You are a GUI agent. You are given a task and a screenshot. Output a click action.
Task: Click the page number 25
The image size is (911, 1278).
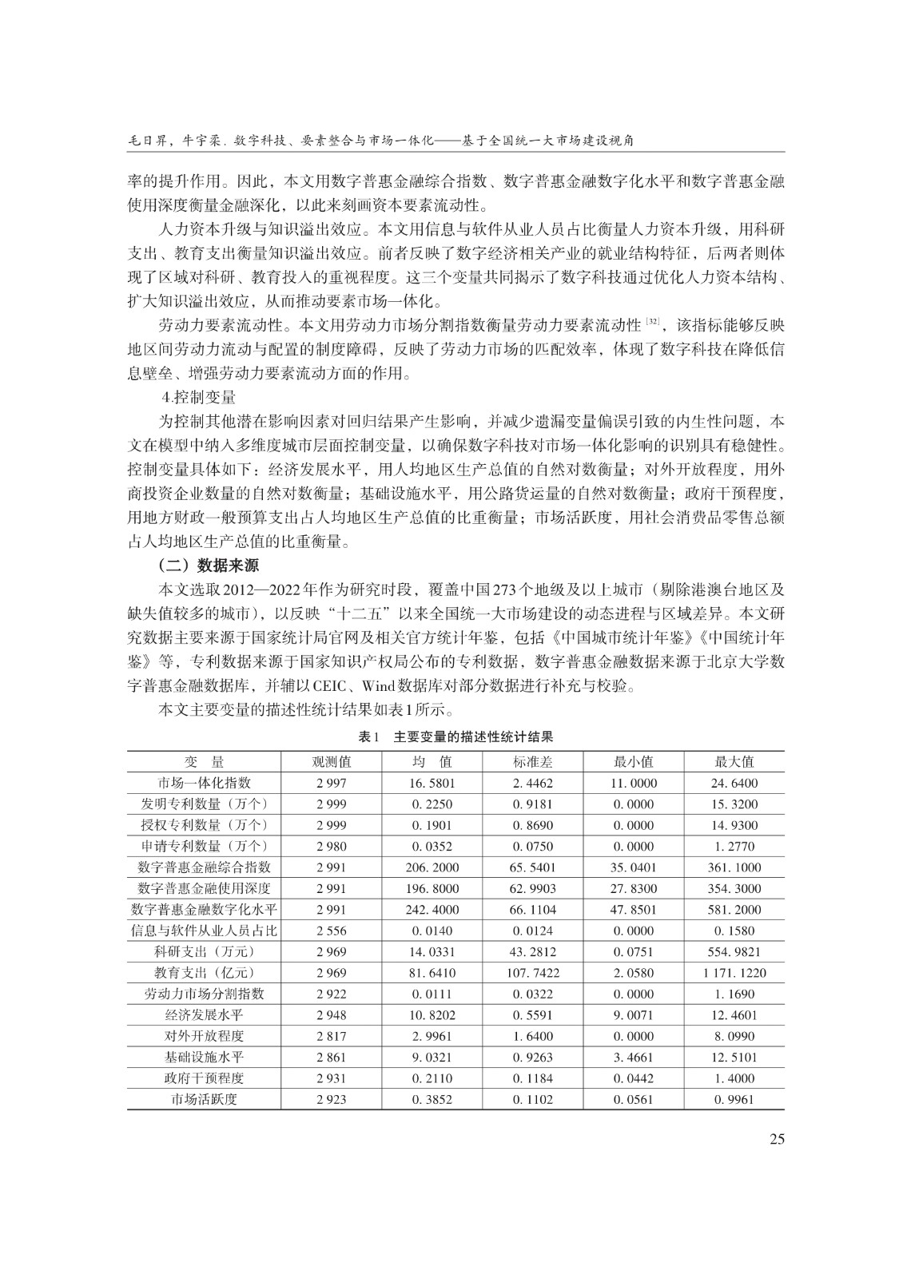(x=776, y=1139)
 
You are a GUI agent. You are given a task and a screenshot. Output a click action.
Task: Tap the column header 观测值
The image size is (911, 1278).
(x=332, y=762)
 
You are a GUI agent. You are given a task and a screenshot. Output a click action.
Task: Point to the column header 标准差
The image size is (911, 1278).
(x=533, y=762)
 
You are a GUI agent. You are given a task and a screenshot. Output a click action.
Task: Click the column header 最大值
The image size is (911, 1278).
(x=734, y=762)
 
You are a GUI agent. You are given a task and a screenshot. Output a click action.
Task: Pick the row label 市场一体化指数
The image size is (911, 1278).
(x=205, y=784)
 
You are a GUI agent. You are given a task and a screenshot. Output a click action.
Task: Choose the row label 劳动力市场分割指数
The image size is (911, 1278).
(x=205, y=994)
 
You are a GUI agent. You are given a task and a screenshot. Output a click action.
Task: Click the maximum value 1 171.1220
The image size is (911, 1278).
(x=734, y=973)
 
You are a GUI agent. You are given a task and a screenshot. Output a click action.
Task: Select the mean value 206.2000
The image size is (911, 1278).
(x=432, y=867)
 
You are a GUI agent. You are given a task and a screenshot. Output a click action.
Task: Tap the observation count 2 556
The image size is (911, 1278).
(x=332, y=931)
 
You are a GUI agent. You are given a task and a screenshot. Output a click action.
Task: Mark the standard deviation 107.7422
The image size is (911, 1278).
(x=533, y=973)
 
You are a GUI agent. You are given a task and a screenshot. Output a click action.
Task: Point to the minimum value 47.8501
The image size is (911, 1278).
(x=634, y=910)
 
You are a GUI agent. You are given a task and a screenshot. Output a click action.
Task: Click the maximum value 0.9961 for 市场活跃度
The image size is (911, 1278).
(x=734, y=1099)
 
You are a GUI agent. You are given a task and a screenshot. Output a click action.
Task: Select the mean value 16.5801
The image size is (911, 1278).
(x=432, y=784)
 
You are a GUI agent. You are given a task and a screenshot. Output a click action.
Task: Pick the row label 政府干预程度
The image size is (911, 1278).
(x=205, y=1078)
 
